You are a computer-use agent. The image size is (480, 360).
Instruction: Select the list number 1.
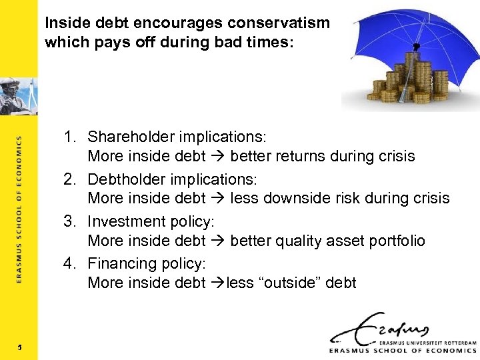pos(70,137)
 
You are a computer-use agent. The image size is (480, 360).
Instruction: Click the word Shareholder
pos(133,137)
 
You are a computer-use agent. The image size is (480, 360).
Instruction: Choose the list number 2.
pos(70,179)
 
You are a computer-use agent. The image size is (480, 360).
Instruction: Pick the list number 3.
pos(70,221)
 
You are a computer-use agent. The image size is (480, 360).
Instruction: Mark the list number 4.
pos(70,263)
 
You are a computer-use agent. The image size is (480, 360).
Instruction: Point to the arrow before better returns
pos(218,157)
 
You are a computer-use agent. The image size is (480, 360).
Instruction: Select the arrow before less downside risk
pos(218,199)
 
